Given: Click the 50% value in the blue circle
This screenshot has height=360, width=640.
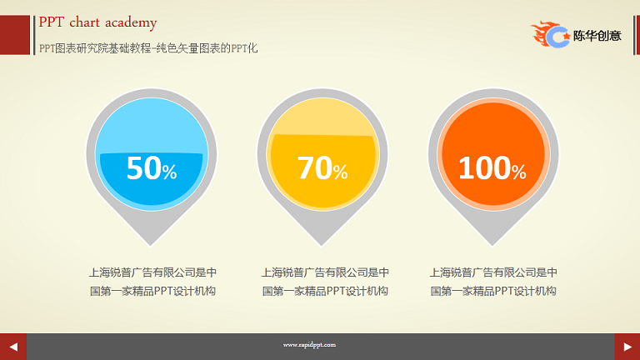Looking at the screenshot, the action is [x=152, y=167].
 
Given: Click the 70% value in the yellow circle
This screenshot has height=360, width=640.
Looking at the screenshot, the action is [x=322, y=167].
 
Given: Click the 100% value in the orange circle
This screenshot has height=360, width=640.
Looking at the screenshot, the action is [x=492, y=167].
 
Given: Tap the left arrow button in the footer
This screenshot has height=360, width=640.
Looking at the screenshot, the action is [x=13, y=347].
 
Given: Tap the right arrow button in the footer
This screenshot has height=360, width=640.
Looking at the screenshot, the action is [x=627, y=347].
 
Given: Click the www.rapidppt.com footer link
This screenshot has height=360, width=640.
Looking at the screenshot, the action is [x=309, y=345].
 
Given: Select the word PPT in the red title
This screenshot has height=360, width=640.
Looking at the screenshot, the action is [x=51, y=22].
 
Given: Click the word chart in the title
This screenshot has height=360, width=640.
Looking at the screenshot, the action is [x=84, y=22].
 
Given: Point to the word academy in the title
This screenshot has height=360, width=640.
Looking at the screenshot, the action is [x=131, y=23].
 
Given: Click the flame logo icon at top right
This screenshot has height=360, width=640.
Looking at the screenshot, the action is [x=550, y=34].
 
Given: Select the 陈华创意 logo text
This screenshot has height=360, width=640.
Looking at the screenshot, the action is [x=597, y=36].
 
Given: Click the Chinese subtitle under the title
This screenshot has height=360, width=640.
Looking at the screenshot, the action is [x=148, y=48].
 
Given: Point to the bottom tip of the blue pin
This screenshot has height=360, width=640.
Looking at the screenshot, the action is [x=151, y=247].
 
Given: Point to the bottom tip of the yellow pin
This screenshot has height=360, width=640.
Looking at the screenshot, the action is [x=322, y=247].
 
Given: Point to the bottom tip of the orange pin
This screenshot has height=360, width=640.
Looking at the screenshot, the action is [x=492, y=247].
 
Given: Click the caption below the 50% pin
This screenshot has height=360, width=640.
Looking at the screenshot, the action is [x=152, y=282].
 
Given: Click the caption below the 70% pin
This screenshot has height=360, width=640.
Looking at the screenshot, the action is [x=325, y=282].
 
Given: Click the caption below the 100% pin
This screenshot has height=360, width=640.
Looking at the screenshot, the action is [x=493, y=282].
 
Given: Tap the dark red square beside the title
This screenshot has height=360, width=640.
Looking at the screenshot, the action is [x=15, y=35].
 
